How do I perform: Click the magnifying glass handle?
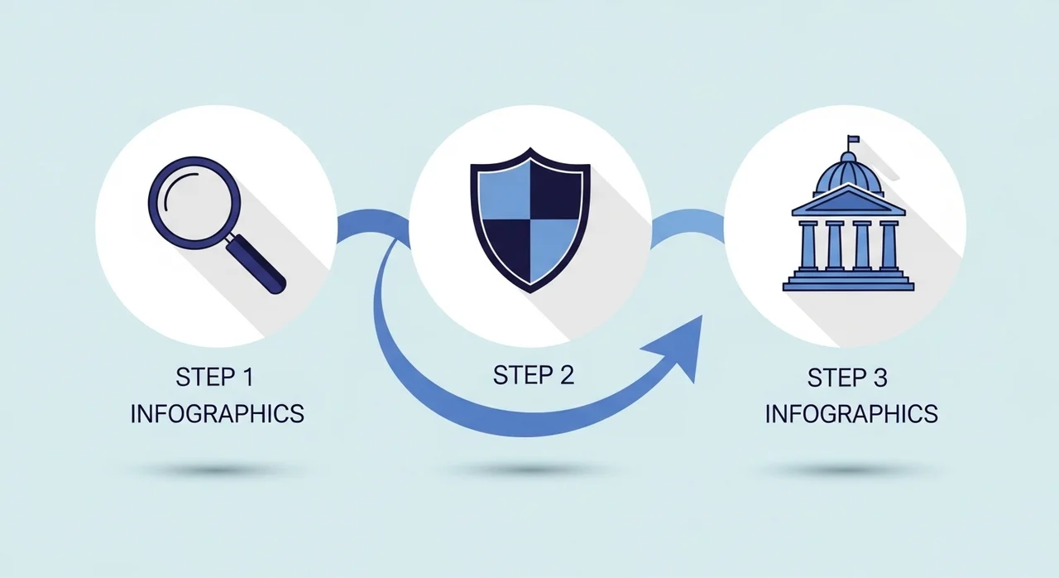(256, 264)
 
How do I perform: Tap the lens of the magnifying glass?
(194, 203)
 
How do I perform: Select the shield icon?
(530, 220)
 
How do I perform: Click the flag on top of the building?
(854, 140)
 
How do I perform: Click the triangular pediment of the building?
(849, 201)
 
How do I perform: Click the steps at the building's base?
(849, 281)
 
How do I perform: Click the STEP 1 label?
(215, 378)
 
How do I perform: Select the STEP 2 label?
(534, 376)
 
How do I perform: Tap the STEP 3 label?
(847, 378)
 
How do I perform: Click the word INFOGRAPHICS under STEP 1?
(218, 414)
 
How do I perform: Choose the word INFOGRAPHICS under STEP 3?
(851, 414)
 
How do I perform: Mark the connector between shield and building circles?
(688, 222)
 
